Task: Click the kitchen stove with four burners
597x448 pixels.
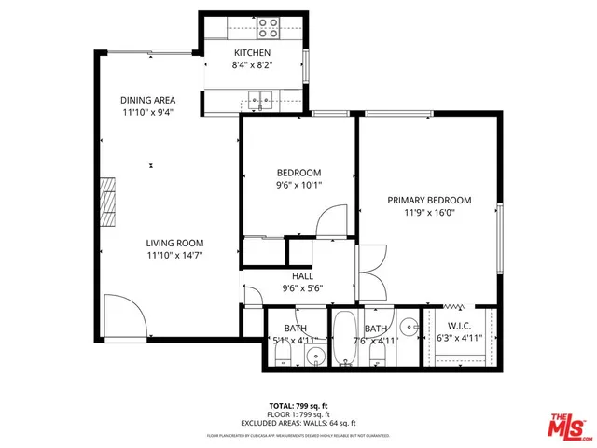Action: click(269, 25)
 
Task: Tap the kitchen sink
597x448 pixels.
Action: click(259, 94)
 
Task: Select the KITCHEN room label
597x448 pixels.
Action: click(252, 53)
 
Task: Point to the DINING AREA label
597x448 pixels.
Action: click(147, 100)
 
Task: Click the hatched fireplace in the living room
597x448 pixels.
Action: click(109, 201)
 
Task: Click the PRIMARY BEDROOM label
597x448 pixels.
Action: click(429, 200)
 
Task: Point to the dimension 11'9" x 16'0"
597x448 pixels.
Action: click(429, 212)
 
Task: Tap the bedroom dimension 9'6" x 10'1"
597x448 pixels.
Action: click(298, 185)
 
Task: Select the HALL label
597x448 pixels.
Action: click(302, 276)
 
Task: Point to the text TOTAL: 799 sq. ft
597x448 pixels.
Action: click(298, 405)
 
